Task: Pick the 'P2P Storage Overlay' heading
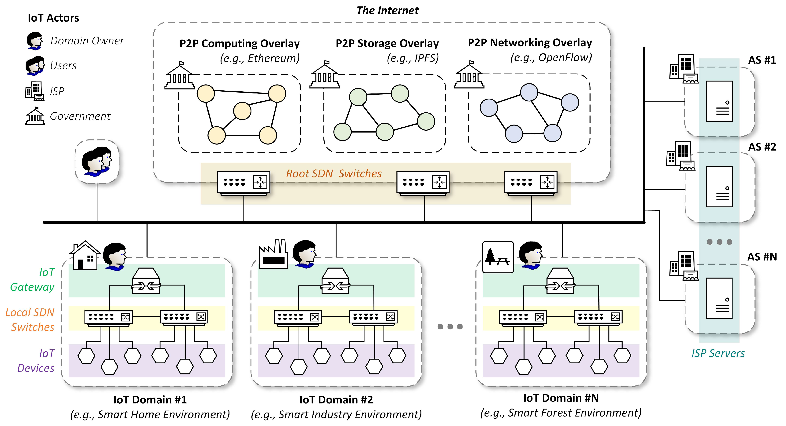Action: pos(387,43)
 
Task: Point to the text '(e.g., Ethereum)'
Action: pos(260,58)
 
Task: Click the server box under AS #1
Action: pos(719,101)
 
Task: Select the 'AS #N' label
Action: pos(762,257)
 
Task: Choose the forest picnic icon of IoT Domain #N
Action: pos(498,257)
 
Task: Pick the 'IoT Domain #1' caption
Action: pos(150,399)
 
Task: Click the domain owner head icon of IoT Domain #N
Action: pos(531,255)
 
